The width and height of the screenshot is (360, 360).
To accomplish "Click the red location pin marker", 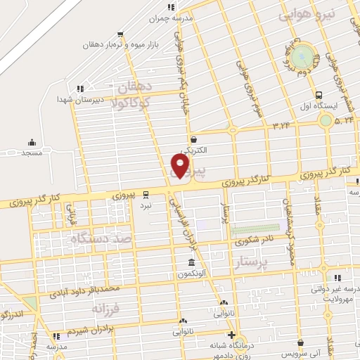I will (x=181, y=165).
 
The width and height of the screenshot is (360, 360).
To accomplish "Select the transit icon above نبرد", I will (x=146, y=193).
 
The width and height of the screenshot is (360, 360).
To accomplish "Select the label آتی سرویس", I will (x=301, y=352).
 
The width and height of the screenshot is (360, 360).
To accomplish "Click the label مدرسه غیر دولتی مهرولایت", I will (x=336, y=292).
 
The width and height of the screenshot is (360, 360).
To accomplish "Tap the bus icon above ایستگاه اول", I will (x=319, y=95).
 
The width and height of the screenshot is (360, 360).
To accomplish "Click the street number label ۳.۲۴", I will (x=282, y=124).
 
